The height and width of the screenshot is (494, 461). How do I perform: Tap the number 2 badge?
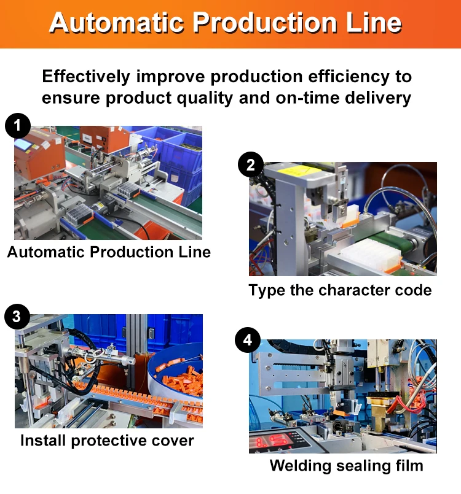tap(250, 165)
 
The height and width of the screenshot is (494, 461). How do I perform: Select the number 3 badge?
tap(17, 317)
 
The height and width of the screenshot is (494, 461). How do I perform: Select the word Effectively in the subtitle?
tap(85, 77)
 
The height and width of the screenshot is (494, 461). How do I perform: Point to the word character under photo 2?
tap(348, 290)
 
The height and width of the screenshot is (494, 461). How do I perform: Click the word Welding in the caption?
tap(301, 466)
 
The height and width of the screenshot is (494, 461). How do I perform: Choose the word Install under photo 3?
tap(43, 441)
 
